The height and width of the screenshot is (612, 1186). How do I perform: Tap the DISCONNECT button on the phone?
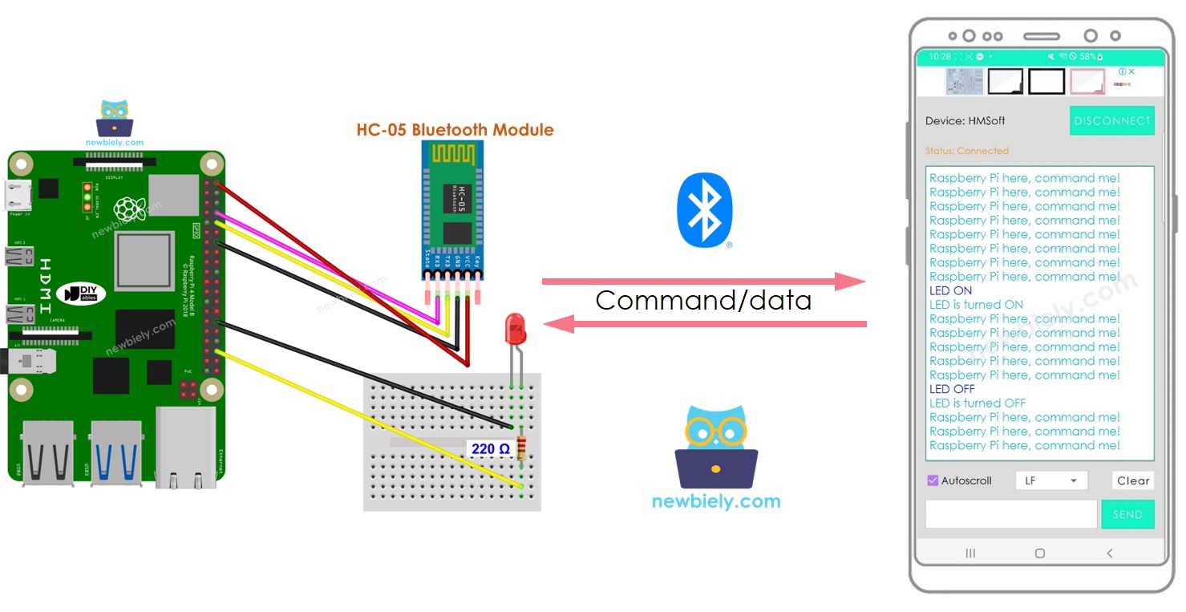(1111, 120)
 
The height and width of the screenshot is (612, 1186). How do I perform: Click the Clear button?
(1132, 480)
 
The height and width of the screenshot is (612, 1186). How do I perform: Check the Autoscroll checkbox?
(933, 480)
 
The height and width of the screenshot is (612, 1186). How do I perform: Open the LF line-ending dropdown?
(1050, 480)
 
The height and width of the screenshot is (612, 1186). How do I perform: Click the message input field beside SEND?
(1010, 514)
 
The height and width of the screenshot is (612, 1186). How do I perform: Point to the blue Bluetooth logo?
(704, 211)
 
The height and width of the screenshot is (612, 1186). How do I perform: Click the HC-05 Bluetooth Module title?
(455, 130)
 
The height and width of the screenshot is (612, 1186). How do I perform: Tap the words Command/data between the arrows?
(703, 300)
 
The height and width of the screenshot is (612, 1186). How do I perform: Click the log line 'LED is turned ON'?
(976, 305)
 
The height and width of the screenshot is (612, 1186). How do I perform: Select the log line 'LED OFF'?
(952, 389)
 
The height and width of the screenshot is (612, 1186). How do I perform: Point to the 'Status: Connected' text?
(966, 151)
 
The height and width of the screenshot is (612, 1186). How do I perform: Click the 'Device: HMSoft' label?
(965, 120)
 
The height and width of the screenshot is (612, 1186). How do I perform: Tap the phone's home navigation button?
(1040, 553)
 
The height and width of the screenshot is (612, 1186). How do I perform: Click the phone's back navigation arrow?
(1110, 553)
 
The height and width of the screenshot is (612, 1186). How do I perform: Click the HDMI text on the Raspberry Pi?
(45, 286)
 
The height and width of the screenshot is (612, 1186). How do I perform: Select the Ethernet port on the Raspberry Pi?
(186, 447)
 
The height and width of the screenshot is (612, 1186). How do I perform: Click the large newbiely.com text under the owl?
(715, 501)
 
